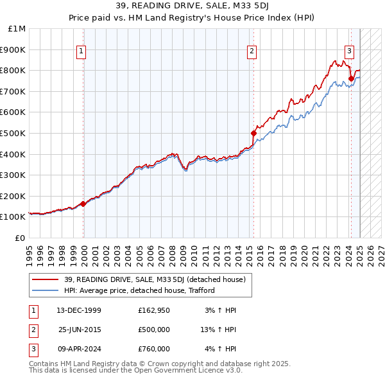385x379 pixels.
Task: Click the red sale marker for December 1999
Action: pos(83,204)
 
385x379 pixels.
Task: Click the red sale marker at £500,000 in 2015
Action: pos(253,133)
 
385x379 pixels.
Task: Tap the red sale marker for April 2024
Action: pos(351,79)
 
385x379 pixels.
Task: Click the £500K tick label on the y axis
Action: pos(14,133)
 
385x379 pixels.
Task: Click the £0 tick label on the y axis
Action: pos(20,238)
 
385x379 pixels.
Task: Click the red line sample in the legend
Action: pos(46,279)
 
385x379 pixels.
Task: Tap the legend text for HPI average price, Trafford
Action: pos(139,290)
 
